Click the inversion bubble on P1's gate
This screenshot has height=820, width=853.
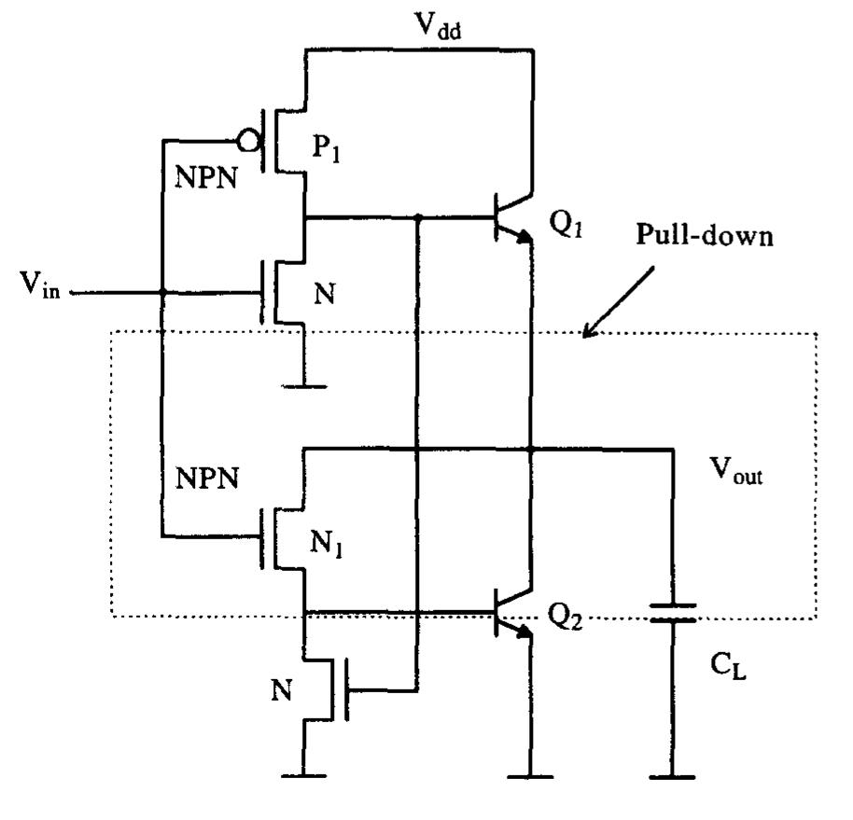coord(247,141)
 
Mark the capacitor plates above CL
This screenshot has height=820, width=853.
coord(672,613)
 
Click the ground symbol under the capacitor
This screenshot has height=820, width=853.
coord(672,775)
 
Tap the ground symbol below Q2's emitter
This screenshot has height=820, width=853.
coord(529,775)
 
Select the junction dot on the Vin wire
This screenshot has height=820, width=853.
coord(162,293)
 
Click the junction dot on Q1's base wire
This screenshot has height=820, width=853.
coord(416,217)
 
